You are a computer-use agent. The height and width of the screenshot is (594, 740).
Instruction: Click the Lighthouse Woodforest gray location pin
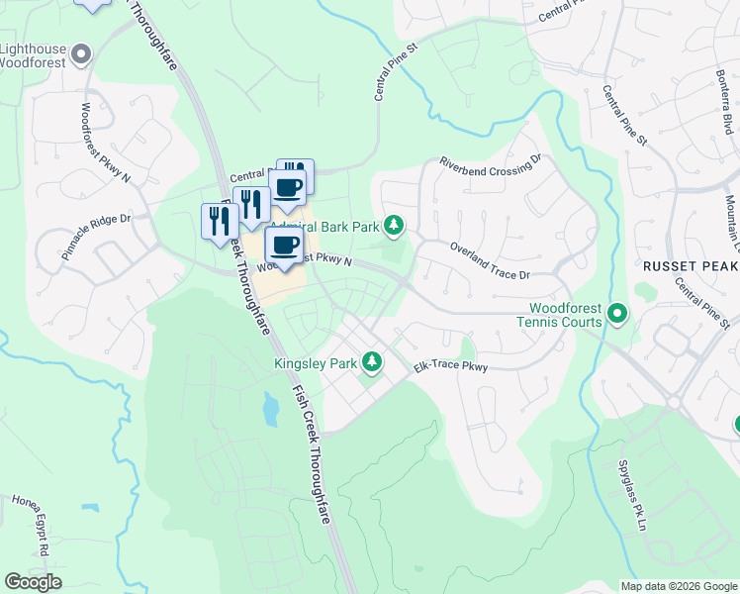coord(82,53)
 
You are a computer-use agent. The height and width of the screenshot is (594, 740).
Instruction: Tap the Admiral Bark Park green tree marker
coord(395,227)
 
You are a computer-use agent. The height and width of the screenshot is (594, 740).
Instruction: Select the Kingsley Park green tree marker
coord(372,363)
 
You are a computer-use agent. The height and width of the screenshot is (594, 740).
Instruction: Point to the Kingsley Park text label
coord(315,363)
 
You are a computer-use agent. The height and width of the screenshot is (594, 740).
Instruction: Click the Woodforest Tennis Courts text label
coord(559,315)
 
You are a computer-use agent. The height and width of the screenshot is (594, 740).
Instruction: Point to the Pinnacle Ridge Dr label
coord(96,237)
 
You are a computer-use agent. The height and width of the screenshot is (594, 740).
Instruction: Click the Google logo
coord(33,582)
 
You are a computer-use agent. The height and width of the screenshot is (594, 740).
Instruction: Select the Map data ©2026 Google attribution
coord(679,586)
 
